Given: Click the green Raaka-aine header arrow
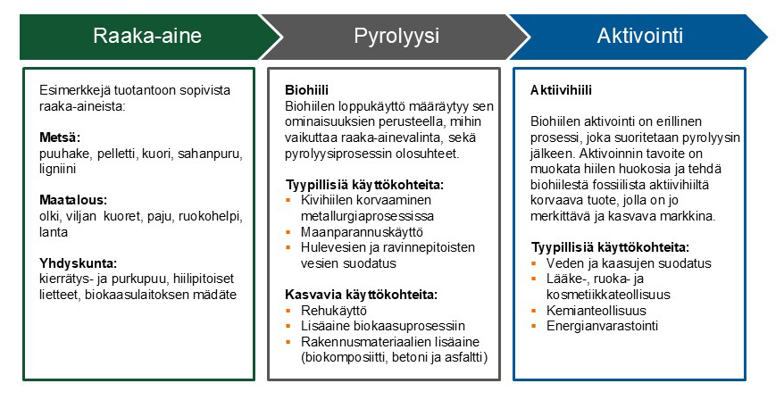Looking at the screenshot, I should click(x=148, y=37).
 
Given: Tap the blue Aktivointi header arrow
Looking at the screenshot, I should click(x=639, y=37).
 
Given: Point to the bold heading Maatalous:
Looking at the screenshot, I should click(x=71, y=201).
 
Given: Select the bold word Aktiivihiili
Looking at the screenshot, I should click(x=561, y=91).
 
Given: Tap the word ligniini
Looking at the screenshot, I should click(x=58, y=170).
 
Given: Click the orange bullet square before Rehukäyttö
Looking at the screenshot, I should click(x=289, y=310).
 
